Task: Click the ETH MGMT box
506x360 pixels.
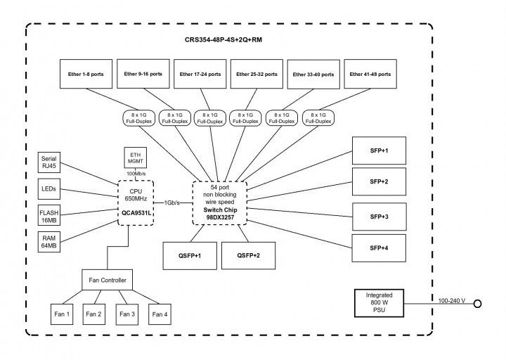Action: coord(136,157)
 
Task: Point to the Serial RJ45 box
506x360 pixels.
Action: coord(49,163)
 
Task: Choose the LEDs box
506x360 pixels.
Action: coord(49,188)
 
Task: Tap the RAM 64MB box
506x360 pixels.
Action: coord(49,243)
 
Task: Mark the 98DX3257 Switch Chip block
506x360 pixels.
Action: coord(221,203)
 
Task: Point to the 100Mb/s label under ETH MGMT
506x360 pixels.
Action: coord(136,173)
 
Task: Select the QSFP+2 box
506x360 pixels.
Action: coord(249,255)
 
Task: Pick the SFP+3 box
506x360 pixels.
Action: coord(379,217)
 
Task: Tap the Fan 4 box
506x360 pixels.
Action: coord(160,314)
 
